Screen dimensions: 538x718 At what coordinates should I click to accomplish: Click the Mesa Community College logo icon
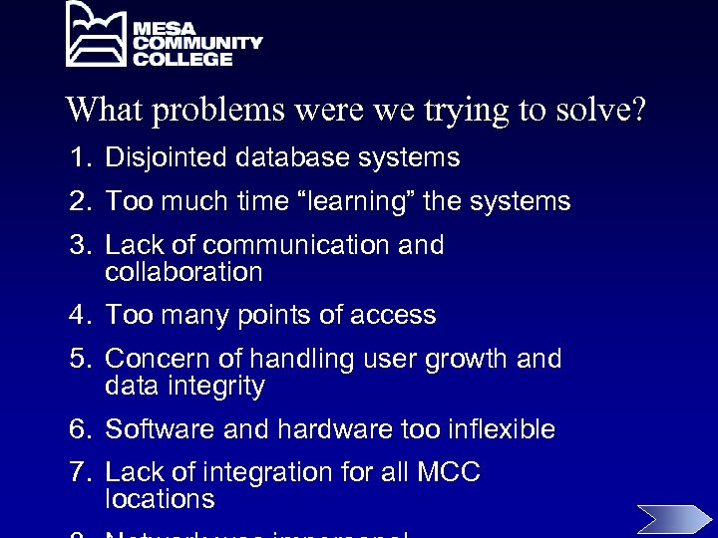(x=98, y=35)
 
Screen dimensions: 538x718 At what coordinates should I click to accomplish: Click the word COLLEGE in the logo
(x=183, y=60)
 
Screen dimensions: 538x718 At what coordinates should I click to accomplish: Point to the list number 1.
(x=79, y=157)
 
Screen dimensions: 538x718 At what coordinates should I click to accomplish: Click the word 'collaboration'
(x=183, y=272)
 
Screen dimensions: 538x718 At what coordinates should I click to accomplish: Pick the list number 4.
(x=79, y=316)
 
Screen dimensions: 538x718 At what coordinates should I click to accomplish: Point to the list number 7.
(x=79, y=472)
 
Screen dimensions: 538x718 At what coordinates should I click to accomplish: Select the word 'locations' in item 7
(x=160, y=499)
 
